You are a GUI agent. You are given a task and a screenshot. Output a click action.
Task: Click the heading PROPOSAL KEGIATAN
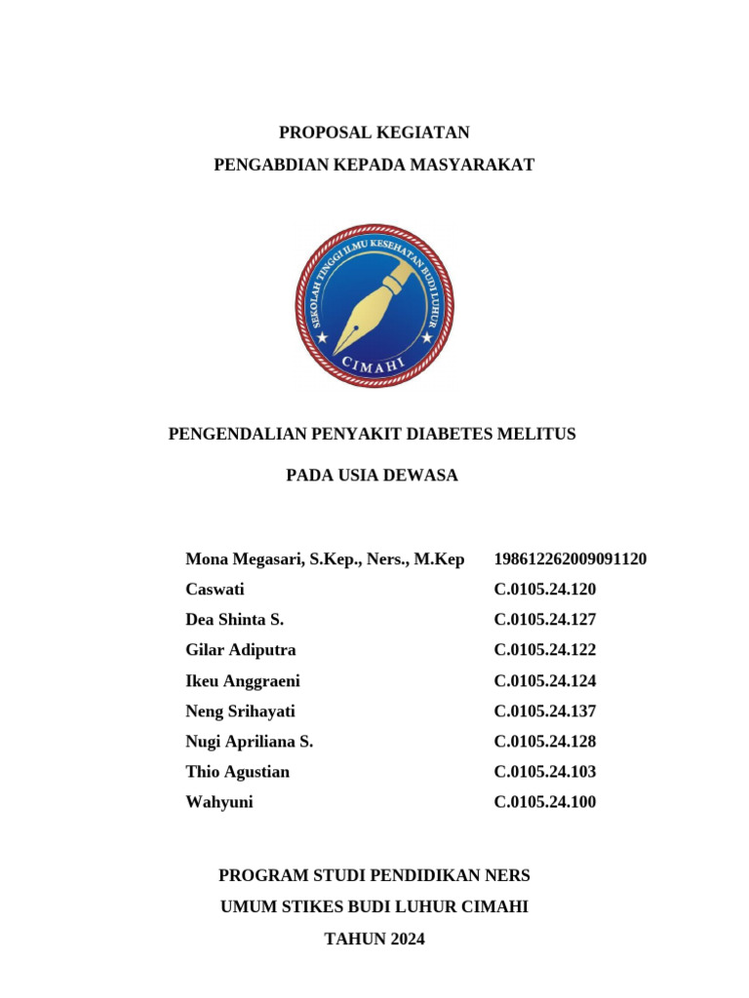click(374, 133)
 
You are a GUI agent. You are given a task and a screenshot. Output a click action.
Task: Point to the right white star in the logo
click(426, 338)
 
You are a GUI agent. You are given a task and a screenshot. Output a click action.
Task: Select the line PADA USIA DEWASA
click(372, 476)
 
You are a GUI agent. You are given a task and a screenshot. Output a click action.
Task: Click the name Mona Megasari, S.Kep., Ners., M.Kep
click(325, 559)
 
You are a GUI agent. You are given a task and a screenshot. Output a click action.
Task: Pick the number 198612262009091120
click(571, 559)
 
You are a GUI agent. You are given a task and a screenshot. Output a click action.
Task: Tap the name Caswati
click(215, 590)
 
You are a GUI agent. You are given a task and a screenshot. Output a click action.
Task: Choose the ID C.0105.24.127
click(545, 620)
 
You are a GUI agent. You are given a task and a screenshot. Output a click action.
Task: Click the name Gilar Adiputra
click(241, 650)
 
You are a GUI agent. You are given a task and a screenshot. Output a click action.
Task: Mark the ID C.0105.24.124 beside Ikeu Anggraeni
click(545, 680)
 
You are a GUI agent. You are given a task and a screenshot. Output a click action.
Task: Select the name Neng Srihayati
click(240, 711)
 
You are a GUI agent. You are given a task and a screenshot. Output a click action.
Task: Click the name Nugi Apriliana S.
click(249, 742)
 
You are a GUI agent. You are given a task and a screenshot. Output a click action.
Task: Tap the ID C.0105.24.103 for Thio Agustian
click(545, 772)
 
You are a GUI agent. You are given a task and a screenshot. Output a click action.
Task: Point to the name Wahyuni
click(218, 802)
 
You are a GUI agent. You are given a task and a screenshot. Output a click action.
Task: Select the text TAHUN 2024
click(374, 940)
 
